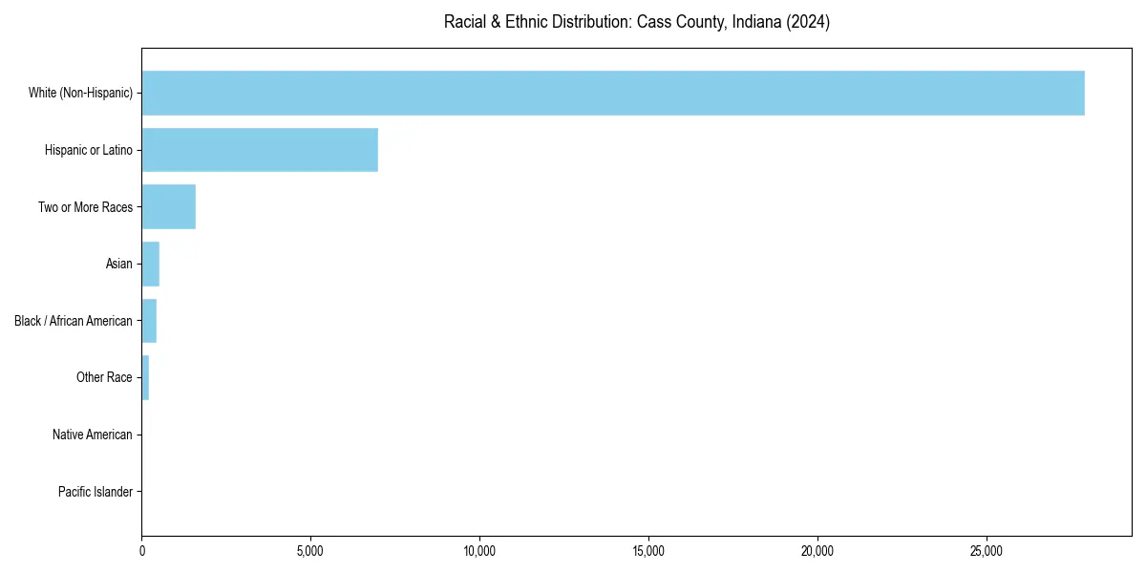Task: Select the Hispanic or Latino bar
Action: point(260,150)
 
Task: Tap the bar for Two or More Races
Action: point(169,207)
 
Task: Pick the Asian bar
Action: point(151,264)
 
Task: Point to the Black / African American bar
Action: point(149,321)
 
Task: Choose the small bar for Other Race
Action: point(145,377)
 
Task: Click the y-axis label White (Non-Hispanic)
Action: point(80,93)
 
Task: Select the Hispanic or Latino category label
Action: point(88,150)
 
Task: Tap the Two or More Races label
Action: point(85,207)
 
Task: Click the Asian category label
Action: point(118,264)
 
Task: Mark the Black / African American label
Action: point(74,321)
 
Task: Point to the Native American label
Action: point(92,435)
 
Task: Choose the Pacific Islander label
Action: point(95,492)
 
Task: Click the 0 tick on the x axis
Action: point(142,551)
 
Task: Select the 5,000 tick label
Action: point(310,551)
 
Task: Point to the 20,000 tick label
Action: point(817,551)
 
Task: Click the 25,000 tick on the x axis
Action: point(987,551)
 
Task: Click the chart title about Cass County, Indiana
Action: point(636,22)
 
